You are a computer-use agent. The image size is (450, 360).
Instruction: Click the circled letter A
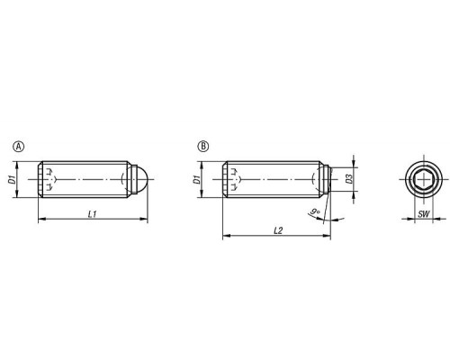[x=19, y=147]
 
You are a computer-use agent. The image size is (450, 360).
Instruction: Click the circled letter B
[x=203, y=147]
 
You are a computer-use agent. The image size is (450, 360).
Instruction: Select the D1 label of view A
[x=12, y=180]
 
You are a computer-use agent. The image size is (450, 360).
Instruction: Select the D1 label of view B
[x=197, y=180]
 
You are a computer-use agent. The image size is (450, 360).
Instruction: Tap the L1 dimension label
[x=93, y=214]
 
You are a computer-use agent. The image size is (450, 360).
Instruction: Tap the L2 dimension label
[x=278, y=230]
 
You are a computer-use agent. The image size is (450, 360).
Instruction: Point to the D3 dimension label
[x=349, y=179]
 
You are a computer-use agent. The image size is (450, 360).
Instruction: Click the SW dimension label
[x=424, y=214]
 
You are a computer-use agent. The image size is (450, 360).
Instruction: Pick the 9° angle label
[x=315, y=211]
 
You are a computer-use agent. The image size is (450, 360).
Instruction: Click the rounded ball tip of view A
[x=140, y=179]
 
